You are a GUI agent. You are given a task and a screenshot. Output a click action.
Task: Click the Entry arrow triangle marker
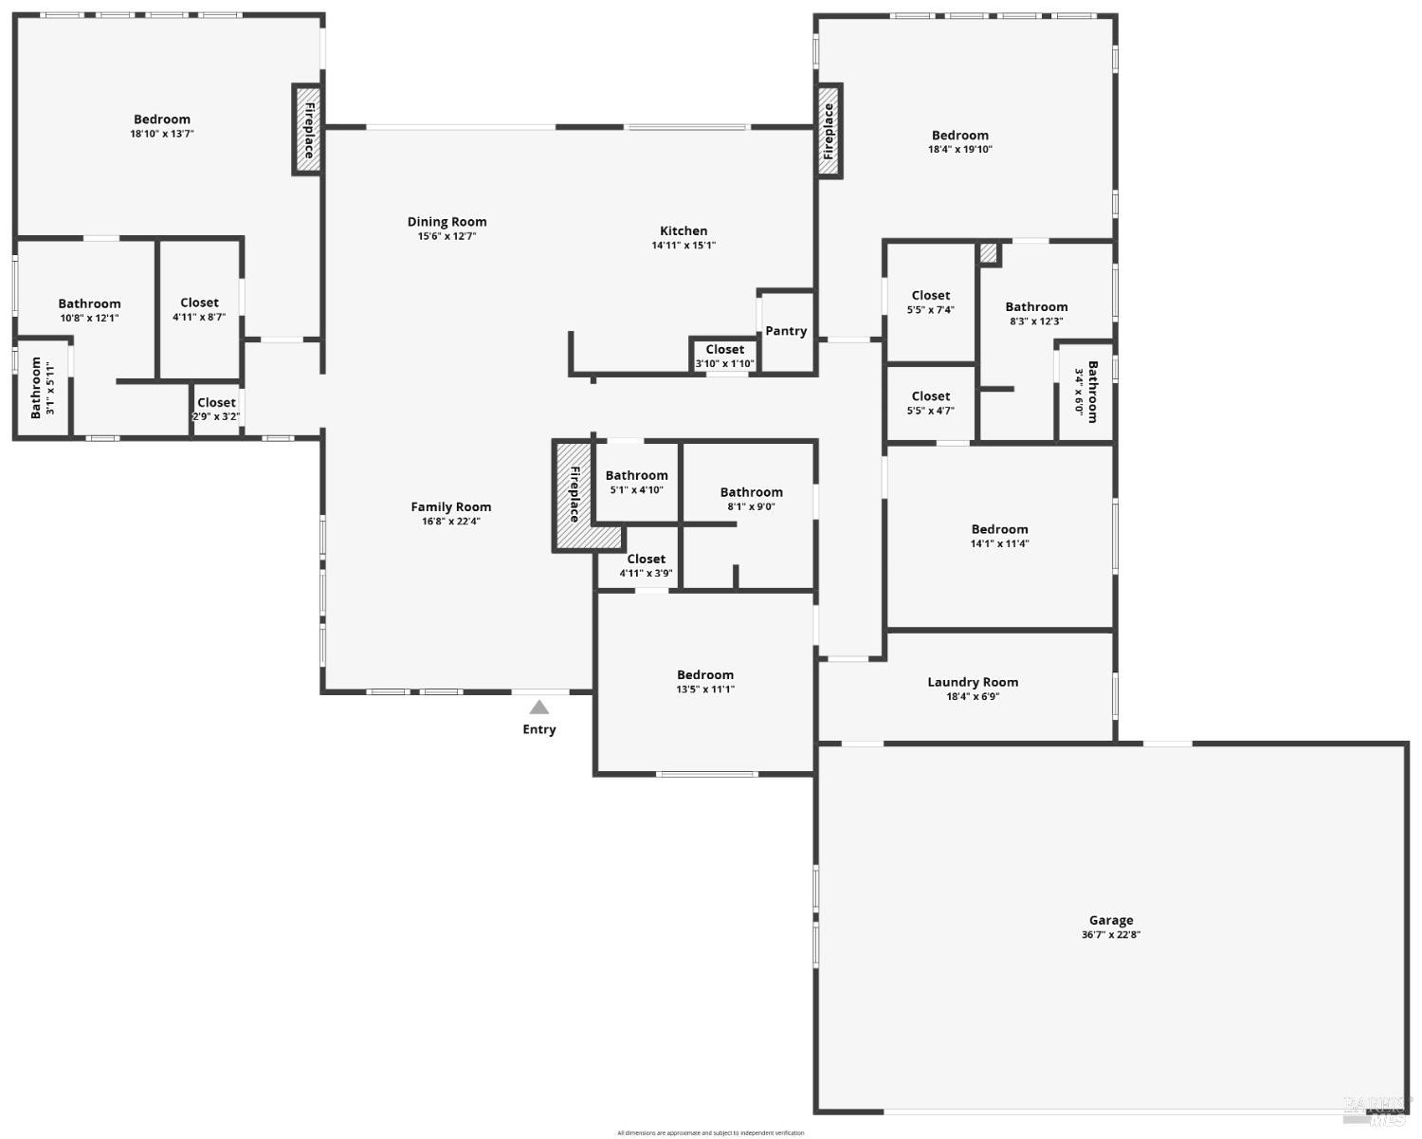click(x=538, y=707)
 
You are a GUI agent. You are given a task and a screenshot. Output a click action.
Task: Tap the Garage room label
click(x=1110, y=920)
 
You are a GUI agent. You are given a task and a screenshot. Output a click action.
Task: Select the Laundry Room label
click(x=973, y=682)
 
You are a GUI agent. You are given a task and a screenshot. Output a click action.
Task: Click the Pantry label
click(x=786, y=331)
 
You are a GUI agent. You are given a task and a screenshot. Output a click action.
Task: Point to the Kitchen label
click(x=684, y=230)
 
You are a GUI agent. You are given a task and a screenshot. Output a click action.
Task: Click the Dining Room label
click(x=447, y=222)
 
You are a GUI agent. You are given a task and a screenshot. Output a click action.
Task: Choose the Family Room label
click(x=450, y=506)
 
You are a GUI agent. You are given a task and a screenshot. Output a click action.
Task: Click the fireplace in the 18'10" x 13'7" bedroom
click(x=307, y=129)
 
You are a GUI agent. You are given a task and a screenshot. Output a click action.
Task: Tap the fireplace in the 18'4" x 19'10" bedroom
click(x=829, y=129)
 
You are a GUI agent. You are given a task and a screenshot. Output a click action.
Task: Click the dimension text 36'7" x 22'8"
click(x=1110, y=935)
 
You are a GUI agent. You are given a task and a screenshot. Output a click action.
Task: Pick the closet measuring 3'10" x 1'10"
click(x=724, y=357)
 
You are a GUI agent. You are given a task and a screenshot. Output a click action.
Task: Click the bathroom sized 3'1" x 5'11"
click(x=43, y=388)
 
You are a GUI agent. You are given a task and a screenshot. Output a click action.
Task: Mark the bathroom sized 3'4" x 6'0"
click(x=1085, y=391)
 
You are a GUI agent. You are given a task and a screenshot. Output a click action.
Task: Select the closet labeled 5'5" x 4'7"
click(x=930, y=403)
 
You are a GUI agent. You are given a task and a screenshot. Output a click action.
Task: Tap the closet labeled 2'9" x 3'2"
click(x=216, y=409)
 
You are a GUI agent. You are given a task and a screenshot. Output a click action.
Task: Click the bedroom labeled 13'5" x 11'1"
click(x=704, y=682)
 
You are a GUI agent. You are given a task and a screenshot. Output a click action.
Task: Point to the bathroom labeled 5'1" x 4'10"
click(x=636, y=482)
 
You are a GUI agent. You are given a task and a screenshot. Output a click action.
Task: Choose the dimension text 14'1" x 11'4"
click(x=999, y=544)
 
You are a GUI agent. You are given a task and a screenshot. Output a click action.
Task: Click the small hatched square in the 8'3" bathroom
click(x=989, y=253)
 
